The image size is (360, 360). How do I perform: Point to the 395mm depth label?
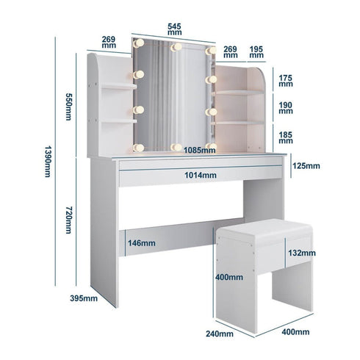coord(84,298)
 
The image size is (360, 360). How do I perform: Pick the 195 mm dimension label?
coord(256,54)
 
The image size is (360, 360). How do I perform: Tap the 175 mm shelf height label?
coord(286,79)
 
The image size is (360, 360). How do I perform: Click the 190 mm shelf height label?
coord(286,109)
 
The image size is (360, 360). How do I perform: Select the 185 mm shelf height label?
coord(286,137)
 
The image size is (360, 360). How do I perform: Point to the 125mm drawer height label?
coord(306,166)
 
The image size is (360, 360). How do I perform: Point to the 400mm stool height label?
coord(229,278)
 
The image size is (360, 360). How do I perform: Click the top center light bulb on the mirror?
coord(175,48)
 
